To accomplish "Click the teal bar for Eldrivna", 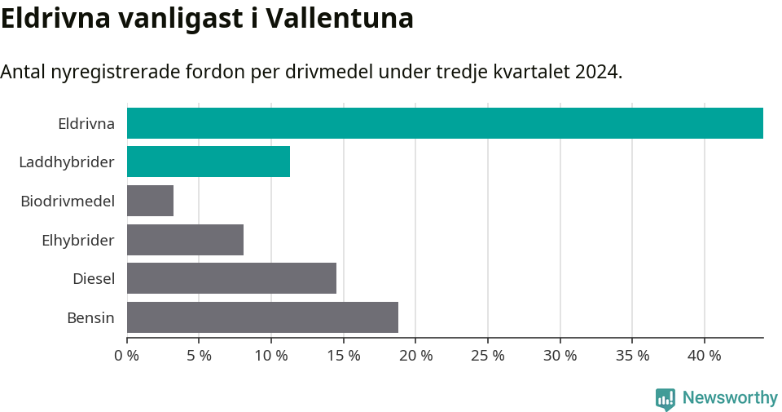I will (x=445, y=123).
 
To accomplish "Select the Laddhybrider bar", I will (x=209, y=162).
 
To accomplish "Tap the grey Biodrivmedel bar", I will (x=150, y=201).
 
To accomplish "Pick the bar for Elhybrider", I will (x=185, y=240).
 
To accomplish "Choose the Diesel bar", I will (x=231, y=278).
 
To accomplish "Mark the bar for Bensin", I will (x=262, y=317).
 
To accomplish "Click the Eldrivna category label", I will (x=86, y=124).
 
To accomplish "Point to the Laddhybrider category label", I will (x=67, y=162).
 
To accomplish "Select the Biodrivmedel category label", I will (x=68, y=201).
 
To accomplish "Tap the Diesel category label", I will (x=94, y=279).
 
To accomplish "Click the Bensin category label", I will (x=90, y=317).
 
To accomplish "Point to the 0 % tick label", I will (x=127, y=356).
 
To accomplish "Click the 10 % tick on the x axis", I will (x=271, y=356).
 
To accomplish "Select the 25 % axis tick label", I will (x=488, y=356).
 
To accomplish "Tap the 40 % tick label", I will (x=705, y=356).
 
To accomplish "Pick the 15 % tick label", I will (x=344, y=356).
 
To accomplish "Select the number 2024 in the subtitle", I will (x=596, y=72).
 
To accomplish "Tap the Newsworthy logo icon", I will (x=666, y=398).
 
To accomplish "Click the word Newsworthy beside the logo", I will (x=730, y=398).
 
